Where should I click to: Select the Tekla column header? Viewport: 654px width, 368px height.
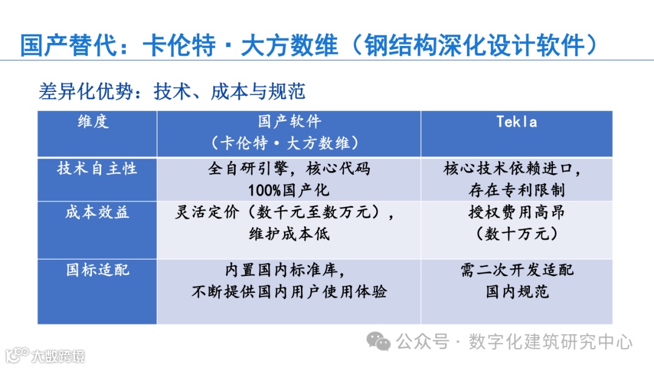517,122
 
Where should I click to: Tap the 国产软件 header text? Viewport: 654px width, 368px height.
289,122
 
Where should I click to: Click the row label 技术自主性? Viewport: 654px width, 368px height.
97,168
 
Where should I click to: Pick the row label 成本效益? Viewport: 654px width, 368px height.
97,212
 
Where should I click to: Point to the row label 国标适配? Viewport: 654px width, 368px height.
97,269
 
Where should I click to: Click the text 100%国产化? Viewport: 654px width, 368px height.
289,190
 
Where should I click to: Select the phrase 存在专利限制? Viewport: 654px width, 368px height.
517,190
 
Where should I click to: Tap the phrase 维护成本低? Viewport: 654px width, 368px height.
289,234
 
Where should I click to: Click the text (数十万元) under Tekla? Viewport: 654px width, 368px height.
517,234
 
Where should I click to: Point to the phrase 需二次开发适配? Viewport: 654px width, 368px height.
517,270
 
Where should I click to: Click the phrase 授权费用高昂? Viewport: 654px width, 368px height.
517,212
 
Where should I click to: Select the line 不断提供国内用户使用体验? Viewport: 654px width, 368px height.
289,292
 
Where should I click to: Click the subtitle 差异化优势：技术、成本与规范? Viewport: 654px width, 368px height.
172,91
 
